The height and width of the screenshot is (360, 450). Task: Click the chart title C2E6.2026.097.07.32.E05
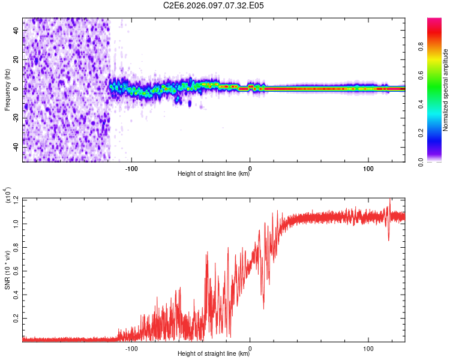(x=214, y=5)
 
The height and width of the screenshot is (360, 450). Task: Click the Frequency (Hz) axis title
(x=7, y=90)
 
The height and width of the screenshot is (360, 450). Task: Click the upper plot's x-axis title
(x=214, y=174)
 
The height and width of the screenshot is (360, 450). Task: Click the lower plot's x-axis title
(x=214, y=354)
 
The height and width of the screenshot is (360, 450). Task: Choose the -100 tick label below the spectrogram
(x=131, y=167)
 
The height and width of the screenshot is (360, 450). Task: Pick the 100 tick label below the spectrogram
(x=368, y=167)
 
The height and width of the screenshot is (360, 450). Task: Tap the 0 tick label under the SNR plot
(x=250, y=347)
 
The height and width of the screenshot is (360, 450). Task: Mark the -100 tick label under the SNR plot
(x=131, y=347)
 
